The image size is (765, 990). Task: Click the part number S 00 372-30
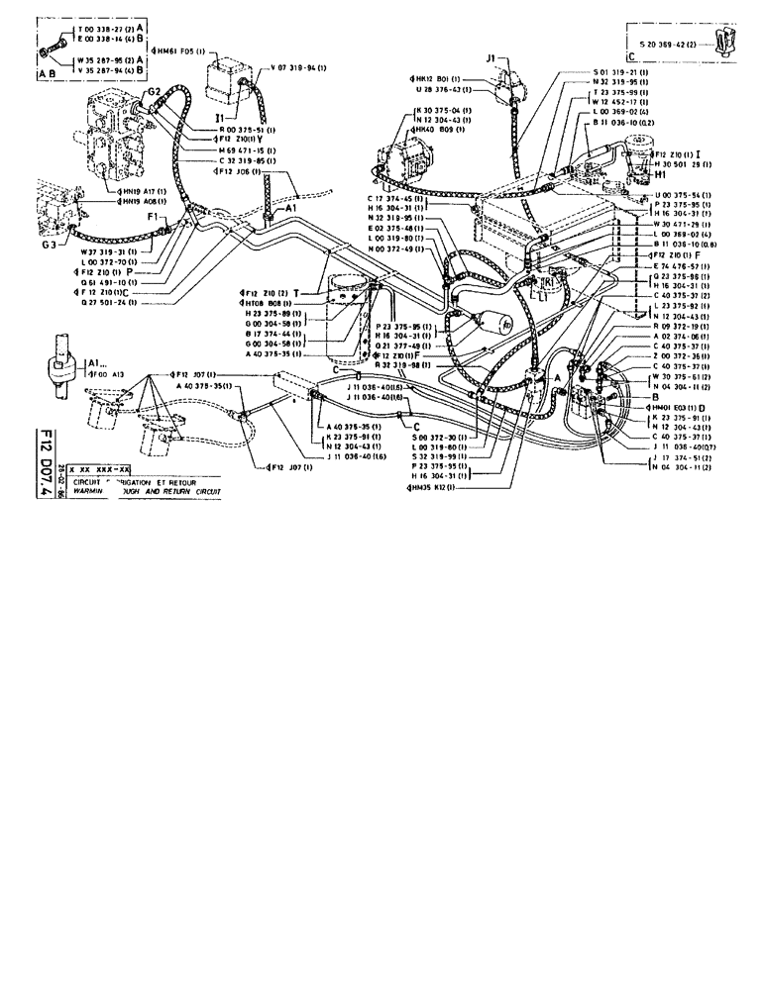tap(438, 437)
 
